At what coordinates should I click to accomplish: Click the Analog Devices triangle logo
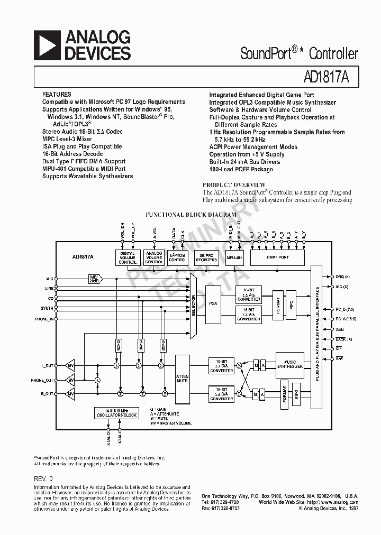tap(48, 45)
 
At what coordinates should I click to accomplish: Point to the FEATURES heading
tap(57, 94)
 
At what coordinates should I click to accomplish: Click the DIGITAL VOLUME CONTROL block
tap(128, 258)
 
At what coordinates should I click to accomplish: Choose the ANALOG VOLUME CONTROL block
tap(154, 258)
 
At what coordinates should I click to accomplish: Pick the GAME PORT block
tap(277, 257)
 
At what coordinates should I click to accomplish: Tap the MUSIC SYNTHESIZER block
tap(290, 364)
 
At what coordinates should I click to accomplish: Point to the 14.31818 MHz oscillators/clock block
tap(116, 413)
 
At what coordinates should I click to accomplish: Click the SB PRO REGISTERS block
tap(206, 257)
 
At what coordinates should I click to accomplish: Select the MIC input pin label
tap(49, 278)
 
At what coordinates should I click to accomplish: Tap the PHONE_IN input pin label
tap(44, 319)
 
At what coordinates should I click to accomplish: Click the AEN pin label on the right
tap(340, 329)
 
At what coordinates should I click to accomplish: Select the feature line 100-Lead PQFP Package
tap(241, 169)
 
